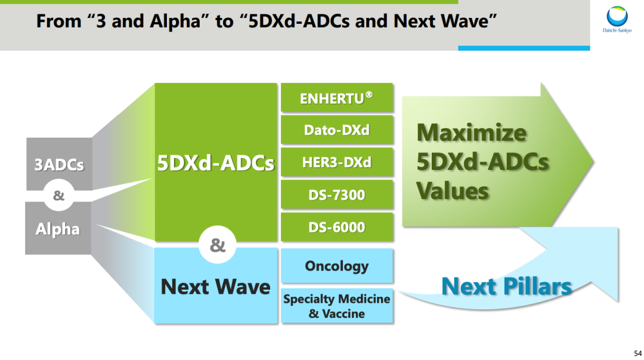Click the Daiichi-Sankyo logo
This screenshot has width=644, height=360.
pos(617,19)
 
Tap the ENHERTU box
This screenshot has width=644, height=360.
pos(337,98)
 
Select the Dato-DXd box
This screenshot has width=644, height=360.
pos(337,130)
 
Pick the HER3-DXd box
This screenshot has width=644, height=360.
pos(337,162)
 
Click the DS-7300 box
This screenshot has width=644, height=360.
pos(337,194)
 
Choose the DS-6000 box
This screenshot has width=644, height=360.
pos(337,226)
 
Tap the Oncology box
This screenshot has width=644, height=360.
pos(337,266)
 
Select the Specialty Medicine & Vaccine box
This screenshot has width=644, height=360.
pos(337,306)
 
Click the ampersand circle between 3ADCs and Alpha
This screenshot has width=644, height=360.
pos(58,195)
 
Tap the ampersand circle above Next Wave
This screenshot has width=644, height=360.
pos(217,245)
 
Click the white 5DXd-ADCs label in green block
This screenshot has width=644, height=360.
pos(216,163)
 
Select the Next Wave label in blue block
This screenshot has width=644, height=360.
pos(216,286)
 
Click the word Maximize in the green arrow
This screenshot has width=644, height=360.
pos(472,132)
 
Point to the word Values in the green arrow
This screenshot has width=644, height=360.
pos(453,191)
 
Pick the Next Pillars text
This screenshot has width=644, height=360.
pos(506,286)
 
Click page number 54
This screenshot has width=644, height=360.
pos(638,353)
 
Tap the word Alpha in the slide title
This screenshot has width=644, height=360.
pos(175,21)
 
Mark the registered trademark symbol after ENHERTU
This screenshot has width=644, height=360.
pos(369,95)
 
